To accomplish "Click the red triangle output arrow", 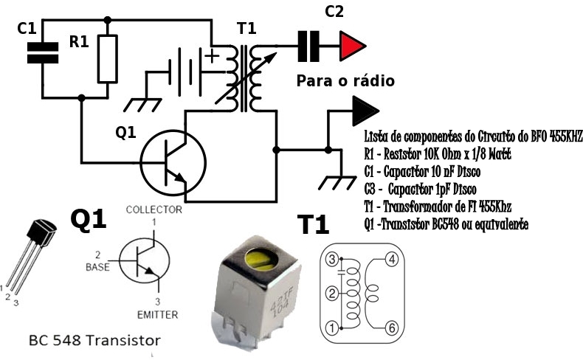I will click(x=351, y=46).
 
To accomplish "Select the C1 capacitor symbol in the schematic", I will click(x=41, y=54).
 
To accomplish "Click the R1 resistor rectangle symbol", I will click(x=108, y=59).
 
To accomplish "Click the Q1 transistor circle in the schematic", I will click(x=170, y=161).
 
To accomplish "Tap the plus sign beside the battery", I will click(x=213, y=56).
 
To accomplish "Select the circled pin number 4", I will click(x=392, y=259).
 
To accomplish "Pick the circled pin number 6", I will click(x=392, y=327).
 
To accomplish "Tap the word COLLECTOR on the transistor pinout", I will click(x=153, y=210).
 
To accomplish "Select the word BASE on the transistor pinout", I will click(x=97, y=267).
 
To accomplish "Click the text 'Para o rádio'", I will click(x=345, y=80).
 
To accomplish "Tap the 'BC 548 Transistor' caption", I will click(x=94, y=341).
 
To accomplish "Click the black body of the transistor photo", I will click(x=41, y=234).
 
